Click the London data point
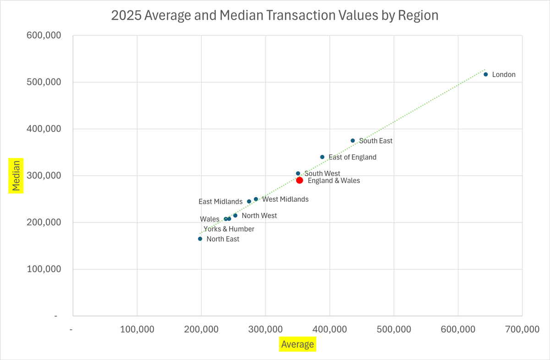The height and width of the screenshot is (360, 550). pyautogui.click(x=486, y=74)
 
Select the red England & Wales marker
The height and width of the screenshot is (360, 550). pyautogui.click(x=299, y=180)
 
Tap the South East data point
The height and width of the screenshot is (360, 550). pyautogui.click(x=352, y=141)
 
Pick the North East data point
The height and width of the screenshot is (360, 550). pyautogui.click(x=200, y=239)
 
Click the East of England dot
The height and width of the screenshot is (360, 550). pyautogui.click(x=322, y=157)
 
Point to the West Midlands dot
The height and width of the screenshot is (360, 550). pyautogui.click(x=256, y=199)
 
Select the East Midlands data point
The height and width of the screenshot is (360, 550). pyautogui.click(x=249, y=201)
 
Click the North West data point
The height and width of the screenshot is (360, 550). pyautogui.click(x=235, y=216)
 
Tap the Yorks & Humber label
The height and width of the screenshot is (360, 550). pyautogui.click(x=229, y=229)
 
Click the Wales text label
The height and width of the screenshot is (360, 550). pyautogui.click(x=209, y=219)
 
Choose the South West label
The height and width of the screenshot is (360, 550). pyautogui.click(x=322, y=173)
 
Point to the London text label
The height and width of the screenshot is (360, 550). pyautogui.click(x=504, y=74)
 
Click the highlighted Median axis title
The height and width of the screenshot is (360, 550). pyautogui.click(x=16, y=175)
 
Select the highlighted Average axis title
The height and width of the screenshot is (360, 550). pyautogui.click(x=297, y=344)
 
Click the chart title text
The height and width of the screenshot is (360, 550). pyautogui.click(x=275, y=15)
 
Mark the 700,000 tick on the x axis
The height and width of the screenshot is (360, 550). pyautogui.click(x=522, y=329)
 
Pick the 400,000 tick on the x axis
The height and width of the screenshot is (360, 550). pyautogui.click(x=330, y=329)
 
